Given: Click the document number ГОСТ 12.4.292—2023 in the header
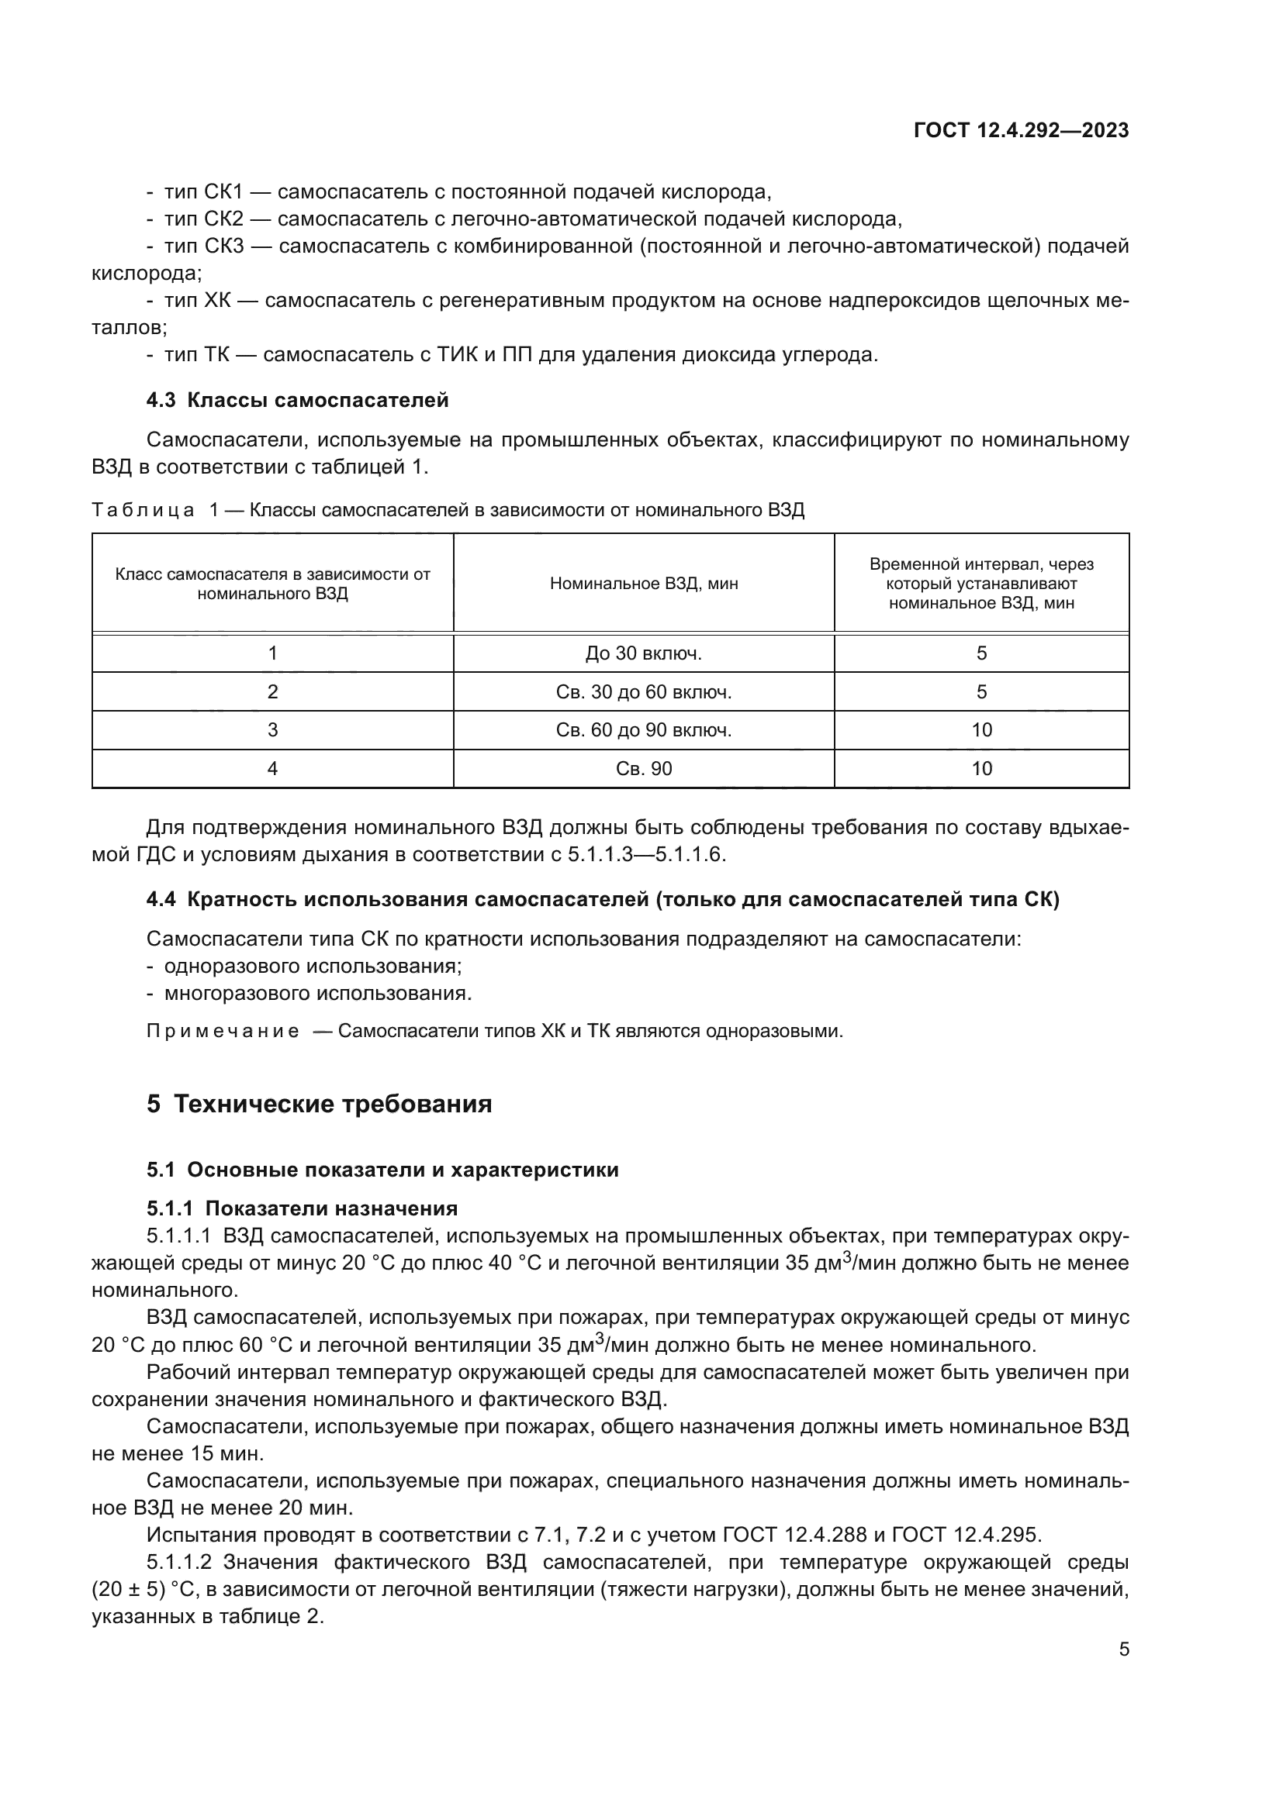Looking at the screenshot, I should [x=1021, y=131].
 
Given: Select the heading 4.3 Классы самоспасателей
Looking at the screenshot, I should [x=297, y=400].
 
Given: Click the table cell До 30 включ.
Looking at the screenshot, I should [x=643, y=653].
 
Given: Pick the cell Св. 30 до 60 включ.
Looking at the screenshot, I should [x=643, y=691].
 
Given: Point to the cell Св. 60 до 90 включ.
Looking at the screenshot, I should [x=643, y=729].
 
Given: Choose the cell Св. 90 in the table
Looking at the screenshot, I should [x=643, y=768].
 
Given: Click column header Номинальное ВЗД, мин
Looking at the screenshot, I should [x=643, y=584].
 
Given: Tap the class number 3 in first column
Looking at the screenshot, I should [x=272, y=729].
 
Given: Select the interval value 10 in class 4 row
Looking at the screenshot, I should [x=981, y=768].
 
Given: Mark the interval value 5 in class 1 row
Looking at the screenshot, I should [x=981, y=653].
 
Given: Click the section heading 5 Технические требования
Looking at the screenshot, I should [x=319, y=1104].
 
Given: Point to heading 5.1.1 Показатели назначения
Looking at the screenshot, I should [x=302, y=1208].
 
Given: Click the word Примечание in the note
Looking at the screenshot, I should [x=223, y=1031].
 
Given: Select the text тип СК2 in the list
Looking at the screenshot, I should [x=204, y=219].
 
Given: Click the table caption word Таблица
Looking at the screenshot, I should [x=143, y=510].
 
